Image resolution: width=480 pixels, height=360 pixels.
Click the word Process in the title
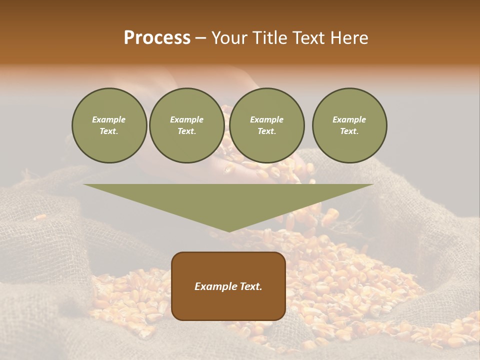point(157,38)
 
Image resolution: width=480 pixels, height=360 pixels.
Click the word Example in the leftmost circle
point(109,119)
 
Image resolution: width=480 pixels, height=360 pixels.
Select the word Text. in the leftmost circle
point(109,131)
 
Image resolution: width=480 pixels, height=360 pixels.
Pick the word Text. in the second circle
point(186,131)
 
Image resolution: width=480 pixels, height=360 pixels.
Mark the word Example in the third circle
point(266,119)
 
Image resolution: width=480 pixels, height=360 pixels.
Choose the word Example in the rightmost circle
point(349,119)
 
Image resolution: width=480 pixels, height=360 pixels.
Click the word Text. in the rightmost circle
point(349,131)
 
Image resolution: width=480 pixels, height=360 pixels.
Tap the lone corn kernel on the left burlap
point(39,217)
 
